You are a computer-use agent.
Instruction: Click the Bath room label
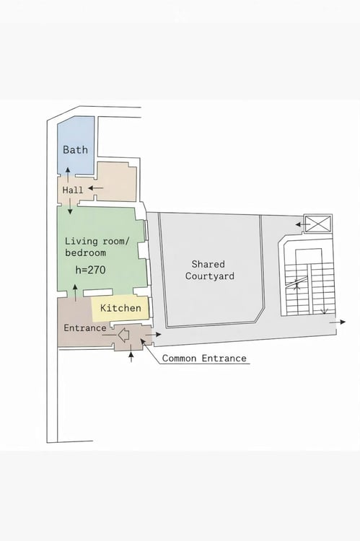coord(75,150)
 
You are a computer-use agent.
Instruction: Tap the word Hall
coord(73,190)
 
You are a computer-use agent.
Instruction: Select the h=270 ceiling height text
coord(90,270)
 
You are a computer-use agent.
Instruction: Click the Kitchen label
coord(120,308)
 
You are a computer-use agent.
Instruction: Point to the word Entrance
coord(85,327)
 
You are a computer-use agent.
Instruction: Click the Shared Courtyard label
coord(209,270)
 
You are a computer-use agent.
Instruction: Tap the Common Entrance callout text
coord(204,358)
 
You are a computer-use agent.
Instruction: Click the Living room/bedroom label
coord(97,247)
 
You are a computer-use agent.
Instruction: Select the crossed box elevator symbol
coord(317,224)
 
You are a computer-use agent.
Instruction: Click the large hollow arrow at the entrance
coord(123,335)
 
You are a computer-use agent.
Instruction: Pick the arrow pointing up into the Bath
coord(68,175)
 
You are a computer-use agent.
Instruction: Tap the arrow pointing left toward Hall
coord(96,188)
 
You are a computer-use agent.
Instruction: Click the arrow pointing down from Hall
coord(70,206)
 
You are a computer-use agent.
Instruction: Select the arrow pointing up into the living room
coord(76,294)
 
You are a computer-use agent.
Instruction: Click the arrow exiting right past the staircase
coord(337,322)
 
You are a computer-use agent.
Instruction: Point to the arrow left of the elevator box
coord(303,224)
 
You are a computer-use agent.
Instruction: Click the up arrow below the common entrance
coord(131,357)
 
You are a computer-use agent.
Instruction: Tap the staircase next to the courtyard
coord(307,276)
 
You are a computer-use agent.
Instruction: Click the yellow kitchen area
coord(120,308)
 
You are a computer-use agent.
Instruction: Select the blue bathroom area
coord(76,146)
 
